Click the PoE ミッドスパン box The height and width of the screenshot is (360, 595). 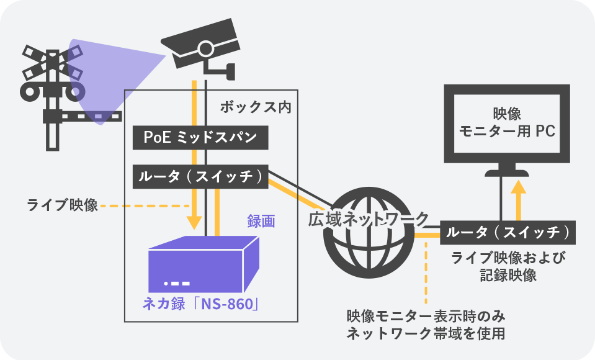pos(200,138)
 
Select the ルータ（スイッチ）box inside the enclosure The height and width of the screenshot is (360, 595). pos(200,177)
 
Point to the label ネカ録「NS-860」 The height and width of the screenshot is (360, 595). pos(200,305)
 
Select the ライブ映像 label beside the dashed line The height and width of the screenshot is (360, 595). pos(62,205)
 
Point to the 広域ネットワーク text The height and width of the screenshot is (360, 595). pos(368,219)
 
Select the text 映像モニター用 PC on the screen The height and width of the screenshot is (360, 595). pos(506,122)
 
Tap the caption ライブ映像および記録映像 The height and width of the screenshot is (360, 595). pos(509,266)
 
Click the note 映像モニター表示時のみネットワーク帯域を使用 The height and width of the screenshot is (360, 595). pos(426,324)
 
